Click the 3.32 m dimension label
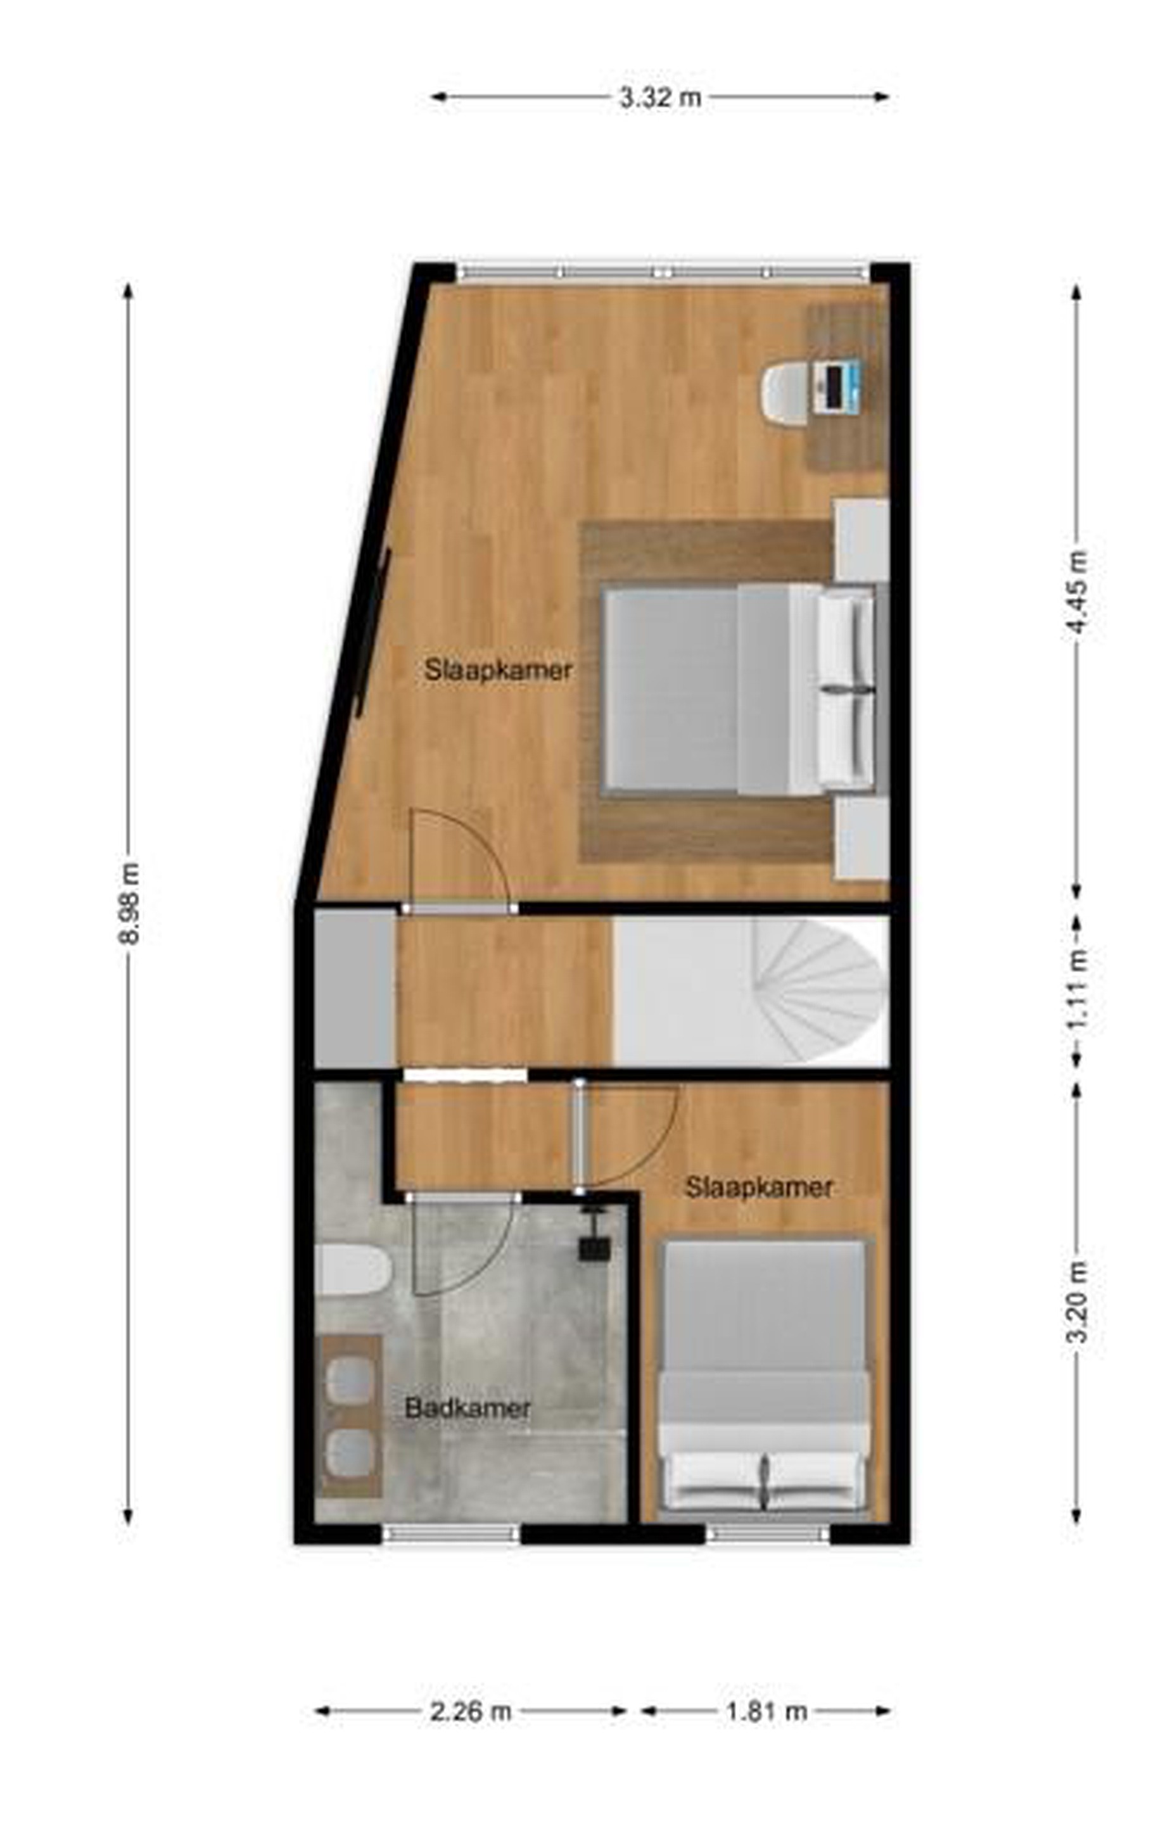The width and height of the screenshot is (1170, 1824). [x=659, y=97]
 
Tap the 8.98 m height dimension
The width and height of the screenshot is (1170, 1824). [x=129, y=904]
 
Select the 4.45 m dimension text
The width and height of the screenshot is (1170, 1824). [x=1078, y=592]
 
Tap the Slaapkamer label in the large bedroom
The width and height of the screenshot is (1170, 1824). [x=499, y=670]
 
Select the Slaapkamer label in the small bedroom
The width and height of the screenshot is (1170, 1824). [x=760, y=1187]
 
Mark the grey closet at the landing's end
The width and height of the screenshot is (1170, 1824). [x=355, y=989]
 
